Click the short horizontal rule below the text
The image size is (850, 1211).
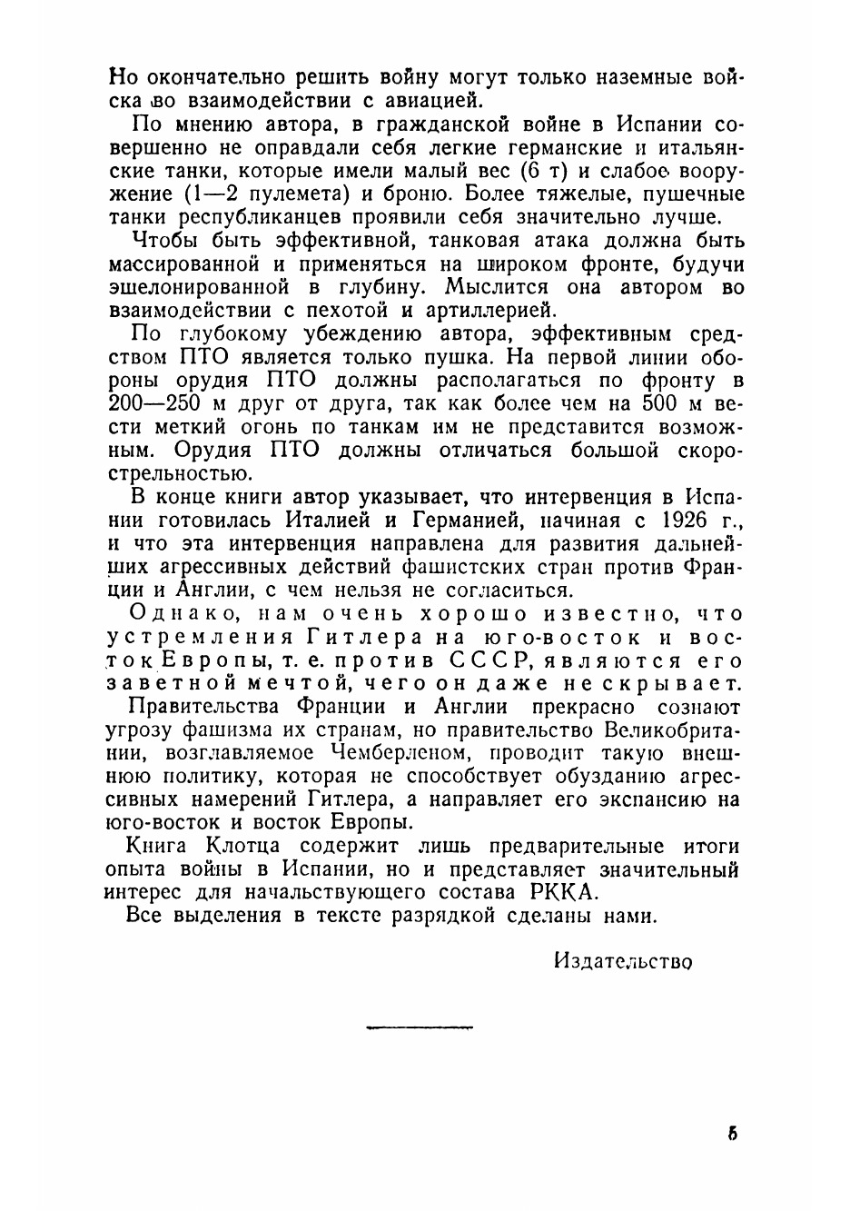coord(420,1027)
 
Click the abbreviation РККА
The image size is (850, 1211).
coord(557,892)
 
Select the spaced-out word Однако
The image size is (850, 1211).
coord(181,614)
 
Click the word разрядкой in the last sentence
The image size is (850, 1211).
coord(441,916)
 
